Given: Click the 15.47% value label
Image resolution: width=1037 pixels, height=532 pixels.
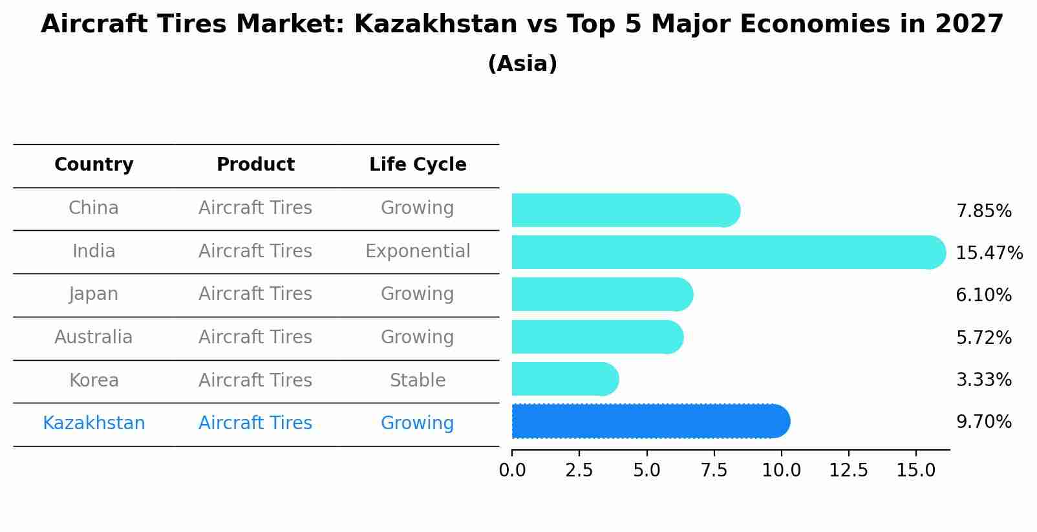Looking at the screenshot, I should (x=989, y=253).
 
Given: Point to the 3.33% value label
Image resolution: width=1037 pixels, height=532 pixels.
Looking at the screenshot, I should (x=983, y=379).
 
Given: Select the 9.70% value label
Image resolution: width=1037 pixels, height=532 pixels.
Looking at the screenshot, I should (x=983, y=422).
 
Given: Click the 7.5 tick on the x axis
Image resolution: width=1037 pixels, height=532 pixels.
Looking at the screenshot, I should (x=714, y=470).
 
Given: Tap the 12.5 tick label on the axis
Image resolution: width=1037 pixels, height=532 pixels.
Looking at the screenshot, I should (x=848, y=470).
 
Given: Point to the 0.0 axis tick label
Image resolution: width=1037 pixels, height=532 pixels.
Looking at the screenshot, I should (x=512, y=470).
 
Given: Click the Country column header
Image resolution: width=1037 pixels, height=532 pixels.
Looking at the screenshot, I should (x=94, y=165).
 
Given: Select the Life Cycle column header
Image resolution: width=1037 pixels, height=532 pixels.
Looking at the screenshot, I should (x=418, y=165).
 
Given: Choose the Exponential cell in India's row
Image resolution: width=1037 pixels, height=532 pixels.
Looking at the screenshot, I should (x=418, y=251).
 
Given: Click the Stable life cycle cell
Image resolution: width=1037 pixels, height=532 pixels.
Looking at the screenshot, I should (x=418, y=380).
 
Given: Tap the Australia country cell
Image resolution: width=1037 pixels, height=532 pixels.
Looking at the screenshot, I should (x=94, y=337).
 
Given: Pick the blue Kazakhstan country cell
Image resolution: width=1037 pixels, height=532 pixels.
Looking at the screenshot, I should (x=94, y=423).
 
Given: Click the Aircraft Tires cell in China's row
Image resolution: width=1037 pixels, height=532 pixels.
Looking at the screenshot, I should (x=255, y=207).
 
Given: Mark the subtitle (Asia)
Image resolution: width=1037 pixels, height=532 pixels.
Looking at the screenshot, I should (x=522, y=64).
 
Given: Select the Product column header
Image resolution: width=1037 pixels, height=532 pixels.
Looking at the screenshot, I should (x=255, y=165).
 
